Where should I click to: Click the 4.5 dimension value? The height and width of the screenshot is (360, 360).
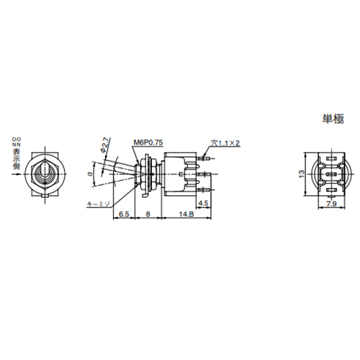point(203,203)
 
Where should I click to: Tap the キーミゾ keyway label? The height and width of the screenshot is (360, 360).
point(97,204)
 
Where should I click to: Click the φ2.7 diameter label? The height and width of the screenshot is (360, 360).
point(105,145)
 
